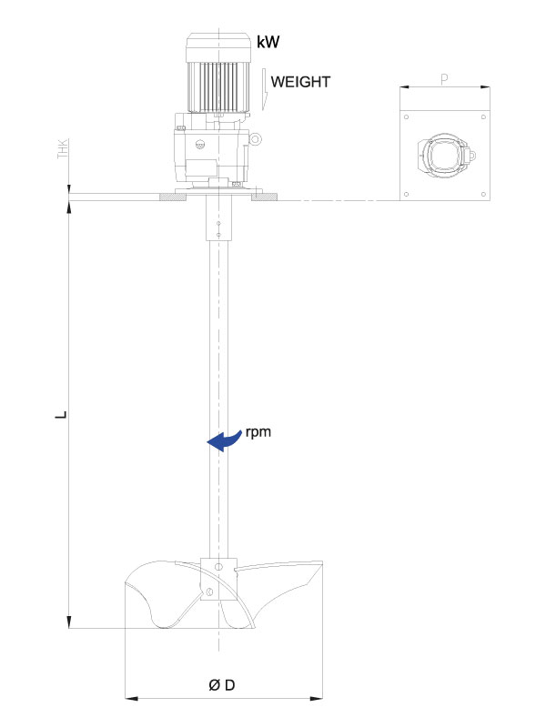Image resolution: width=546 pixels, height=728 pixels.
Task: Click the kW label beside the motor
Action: pyautogui.click(x=268, y=42)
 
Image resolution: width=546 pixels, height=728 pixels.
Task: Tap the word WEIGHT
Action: pyautogui.click(x=300, y=82)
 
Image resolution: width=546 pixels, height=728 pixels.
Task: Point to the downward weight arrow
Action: pyautogui.click(x=265, y=89)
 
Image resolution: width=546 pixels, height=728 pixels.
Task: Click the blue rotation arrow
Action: pyautogui.click(x=225, y=440)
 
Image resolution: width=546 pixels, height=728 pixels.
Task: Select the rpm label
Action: pyautogui.click(x=258, y=432)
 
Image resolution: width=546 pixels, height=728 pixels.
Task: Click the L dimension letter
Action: pyautogui.click(x=61, y=415)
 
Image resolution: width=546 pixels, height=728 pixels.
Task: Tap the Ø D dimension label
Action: pyautogui.click(x=222, y=685)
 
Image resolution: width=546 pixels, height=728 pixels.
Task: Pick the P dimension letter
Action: pyautogui.click(x=444, y=79)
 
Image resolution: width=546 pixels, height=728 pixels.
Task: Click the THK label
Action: pyautogui.click(x=63, y=148)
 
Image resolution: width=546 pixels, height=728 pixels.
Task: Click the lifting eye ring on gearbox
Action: pyautogui.click(x=255, y=139)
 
